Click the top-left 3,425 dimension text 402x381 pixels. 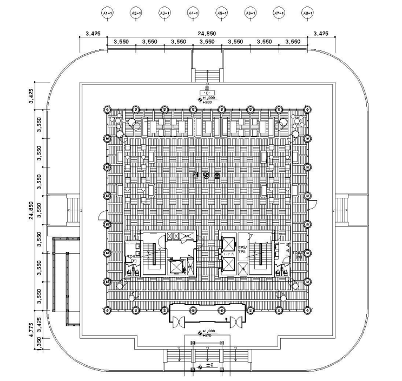point(93,34)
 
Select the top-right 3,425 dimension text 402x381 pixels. point(321,34)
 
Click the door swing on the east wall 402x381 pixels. point(313,205)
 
